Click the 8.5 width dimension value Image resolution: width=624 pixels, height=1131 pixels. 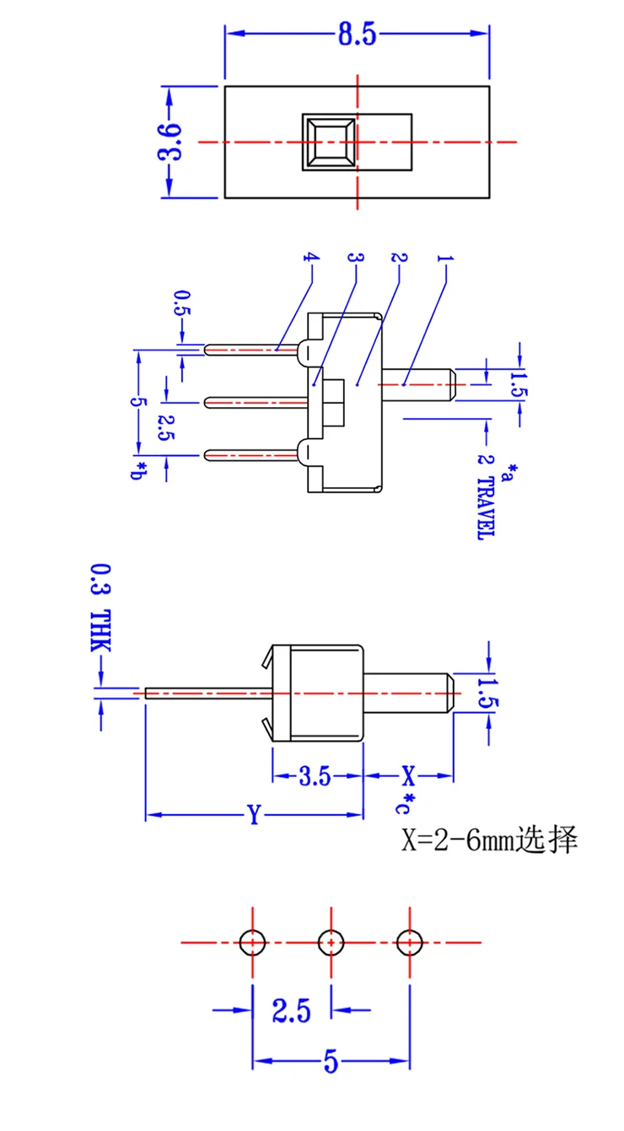[358, 34]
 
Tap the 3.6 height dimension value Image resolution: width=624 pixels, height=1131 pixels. [169, 142]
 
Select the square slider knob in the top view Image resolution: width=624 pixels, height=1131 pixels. [330, 142]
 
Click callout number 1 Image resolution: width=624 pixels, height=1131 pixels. [445, 259]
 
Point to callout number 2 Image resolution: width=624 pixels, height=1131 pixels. [399, 258]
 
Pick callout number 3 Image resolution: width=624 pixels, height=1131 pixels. [356, 258]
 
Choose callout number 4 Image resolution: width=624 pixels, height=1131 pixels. [311, 258]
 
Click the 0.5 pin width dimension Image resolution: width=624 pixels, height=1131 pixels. [182, 303]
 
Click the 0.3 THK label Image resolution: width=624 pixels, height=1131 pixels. [100, 608]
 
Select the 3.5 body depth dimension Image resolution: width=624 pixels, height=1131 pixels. [315, 776]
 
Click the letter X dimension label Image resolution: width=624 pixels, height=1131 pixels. [408, 775]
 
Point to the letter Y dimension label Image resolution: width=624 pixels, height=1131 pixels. [254, 814]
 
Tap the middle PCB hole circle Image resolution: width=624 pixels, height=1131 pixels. [331, 942]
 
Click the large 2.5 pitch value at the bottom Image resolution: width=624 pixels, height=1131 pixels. [292, 1010]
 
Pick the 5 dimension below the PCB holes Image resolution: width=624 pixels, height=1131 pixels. [331, 1061]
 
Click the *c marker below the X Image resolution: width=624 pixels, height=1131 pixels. [404, 803]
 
